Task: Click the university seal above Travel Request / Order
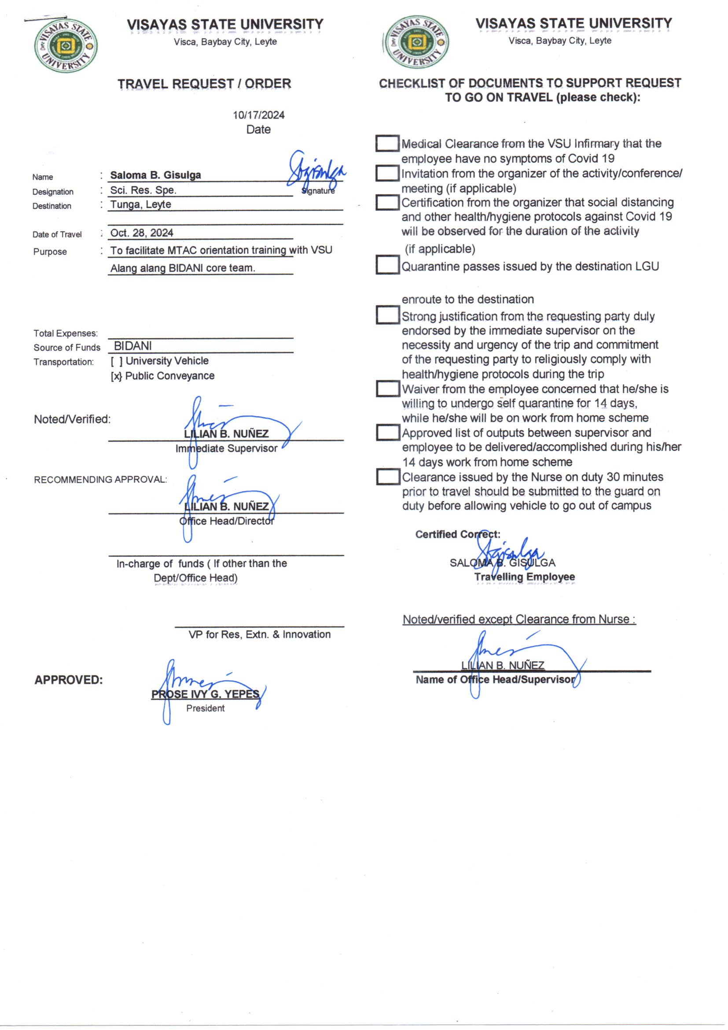tap(66, 45)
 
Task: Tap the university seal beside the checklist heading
tap(417, 43)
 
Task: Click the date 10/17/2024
tap(258, 115)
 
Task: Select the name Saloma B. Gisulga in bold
tap(155, 175)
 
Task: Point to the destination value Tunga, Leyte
tap(141, 204)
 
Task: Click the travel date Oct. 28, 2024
tap(142, 233)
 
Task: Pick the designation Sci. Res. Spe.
tap(143, 190)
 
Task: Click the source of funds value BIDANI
tap(132, 346)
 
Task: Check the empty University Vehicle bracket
tap(117, 361)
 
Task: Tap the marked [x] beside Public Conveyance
tap(117, 376)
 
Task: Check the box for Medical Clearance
tap(387, 144)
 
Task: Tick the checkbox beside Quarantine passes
tap(387, 265)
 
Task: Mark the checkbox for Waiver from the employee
tap(388, 389)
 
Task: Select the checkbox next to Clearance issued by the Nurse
tap(388, 476)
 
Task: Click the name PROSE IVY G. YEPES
tap(205, 694)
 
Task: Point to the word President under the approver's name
tap(205, 708)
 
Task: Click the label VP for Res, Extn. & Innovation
tap(260, 634)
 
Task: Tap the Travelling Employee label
tap(525, 577)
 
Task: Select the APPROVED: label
tap(69, 680)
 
